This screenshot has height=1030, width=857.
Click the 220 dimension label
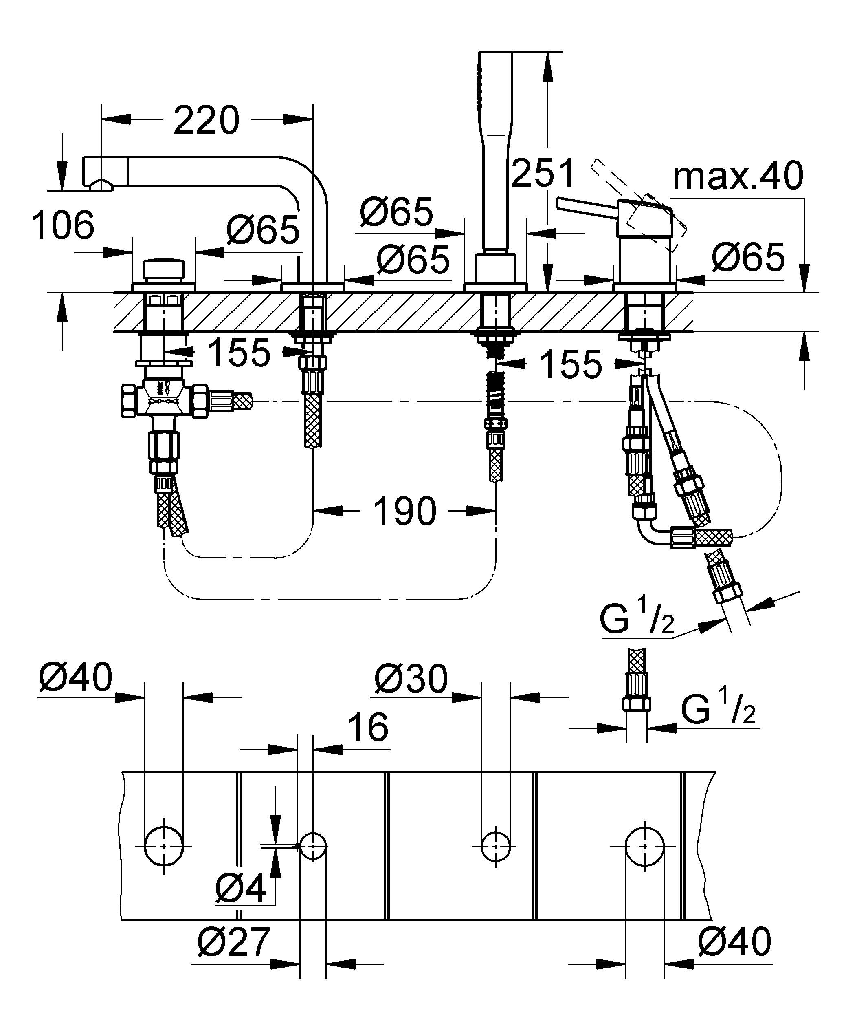(207, 120)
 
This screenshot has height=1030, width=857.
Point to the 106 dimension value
(63, 226)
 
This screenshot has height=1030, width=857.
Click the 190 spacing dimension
(404, 511)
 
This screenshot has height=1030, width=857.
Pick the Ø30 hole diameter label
(411, 679)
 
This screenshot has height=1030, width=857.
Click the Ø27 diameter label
(234, 942)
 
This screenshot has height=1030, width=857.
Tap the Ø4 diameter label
(240, 888)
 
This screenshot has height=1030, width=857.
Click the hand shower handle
(495, 147)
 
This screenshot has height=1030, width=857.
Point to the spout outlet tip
(101, 185)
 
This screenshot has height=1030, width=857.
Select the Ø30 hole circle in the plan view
(495, 846)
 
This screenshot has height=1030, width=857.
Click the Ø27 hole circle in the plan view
(313, 846)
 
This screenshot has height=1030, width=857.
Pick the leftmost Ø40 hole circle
(164, 846)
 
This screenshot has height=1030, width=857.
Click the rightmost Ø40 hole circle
(645, 847)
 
